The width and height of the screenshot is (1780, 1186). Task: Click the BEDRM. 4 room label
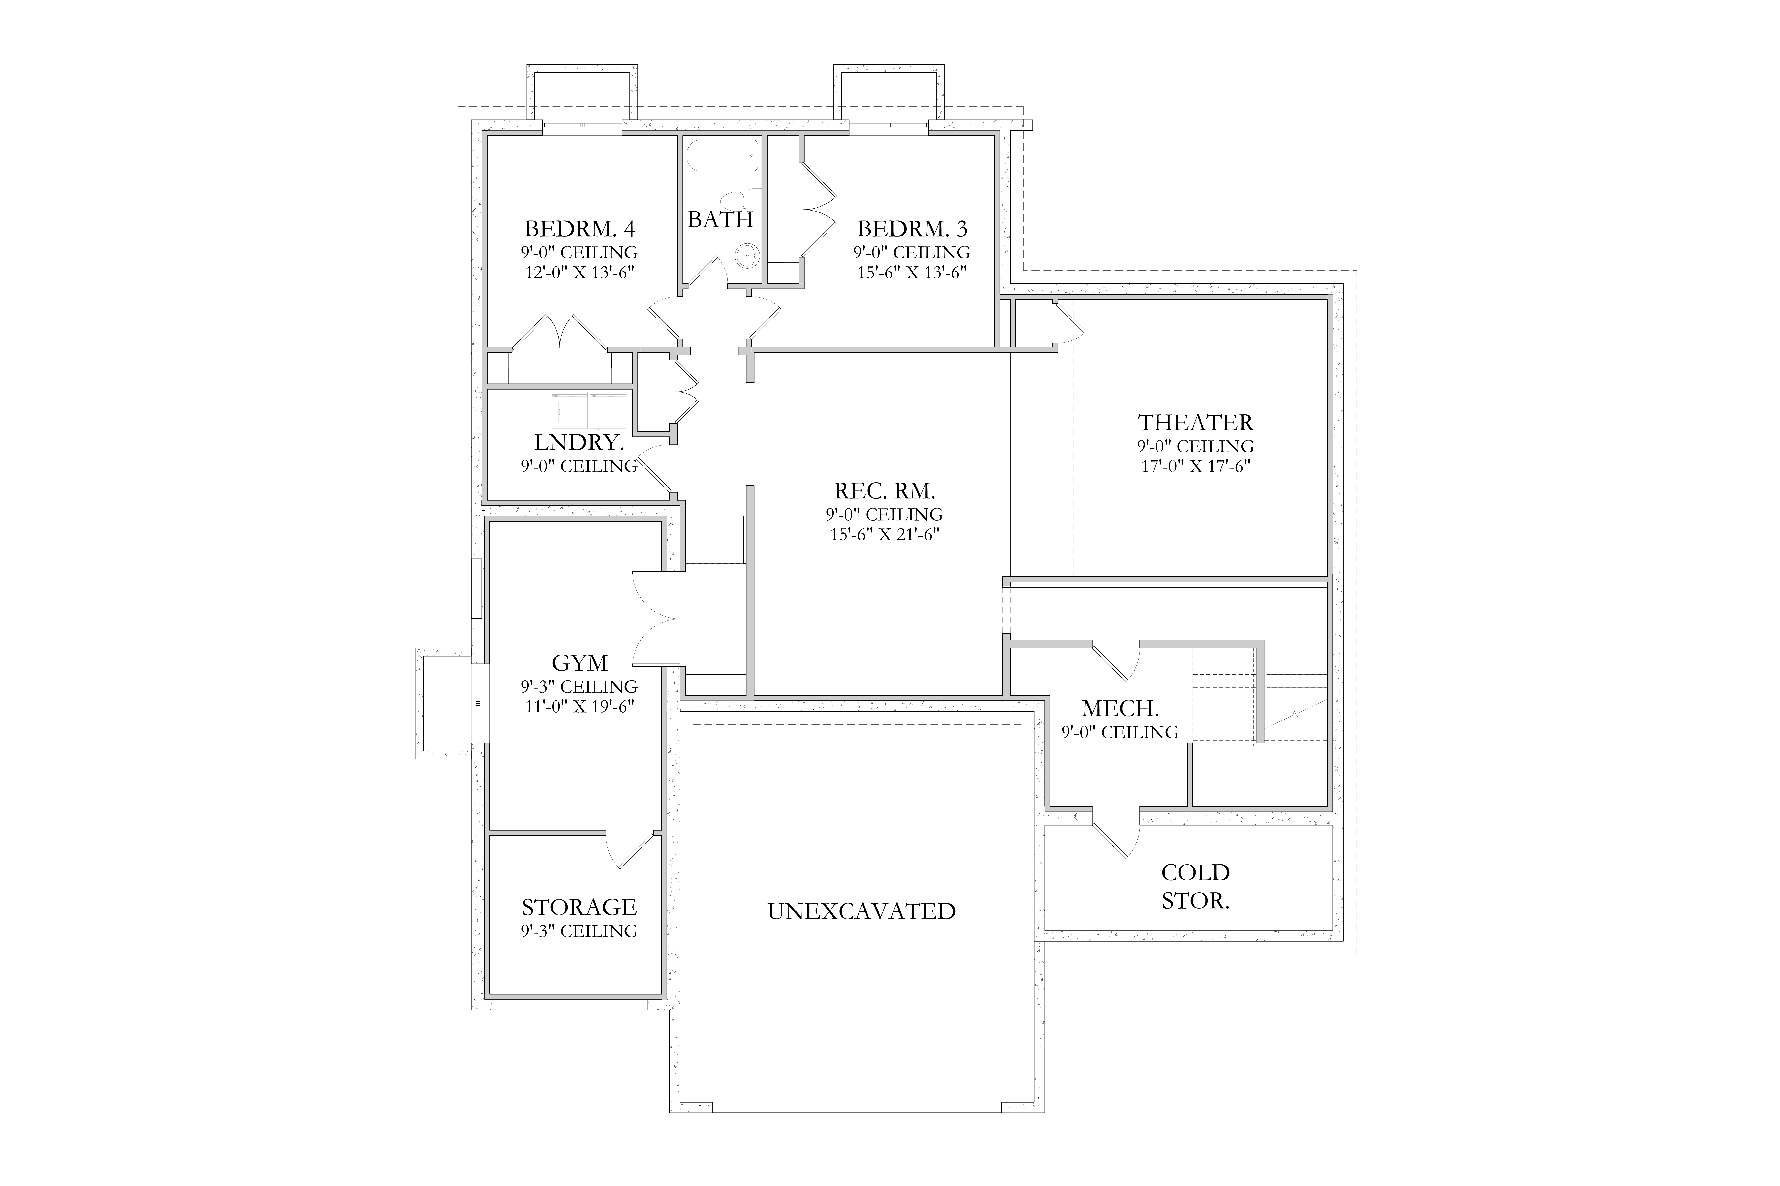click(x=580, y=228)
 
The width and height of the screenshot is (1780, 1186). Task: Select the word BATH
click(x=720, y=219)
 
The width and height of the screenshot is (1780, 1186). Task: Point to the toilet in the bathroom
click(x=735, y=200)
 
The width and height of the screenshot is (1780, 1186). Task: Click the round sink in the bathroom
click(x=747, y=256)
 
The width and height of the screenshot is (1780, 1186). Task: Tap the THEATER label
click(x=1196, y=422)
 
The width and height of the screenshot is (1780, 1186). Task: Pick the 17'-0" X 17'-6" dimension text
click(x=1196, y=466)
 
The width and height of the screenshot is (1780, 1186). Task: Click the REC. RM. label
click(x=885, y=491)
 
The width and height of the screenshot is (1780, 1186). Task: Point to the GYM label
click(x=580, y=663)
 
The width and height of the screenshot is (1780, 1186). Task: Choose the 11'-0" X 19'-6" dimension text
click(x=580, y=706)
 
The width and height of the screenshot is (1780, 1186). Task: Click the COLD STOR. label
click(x=1196, y=887)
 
